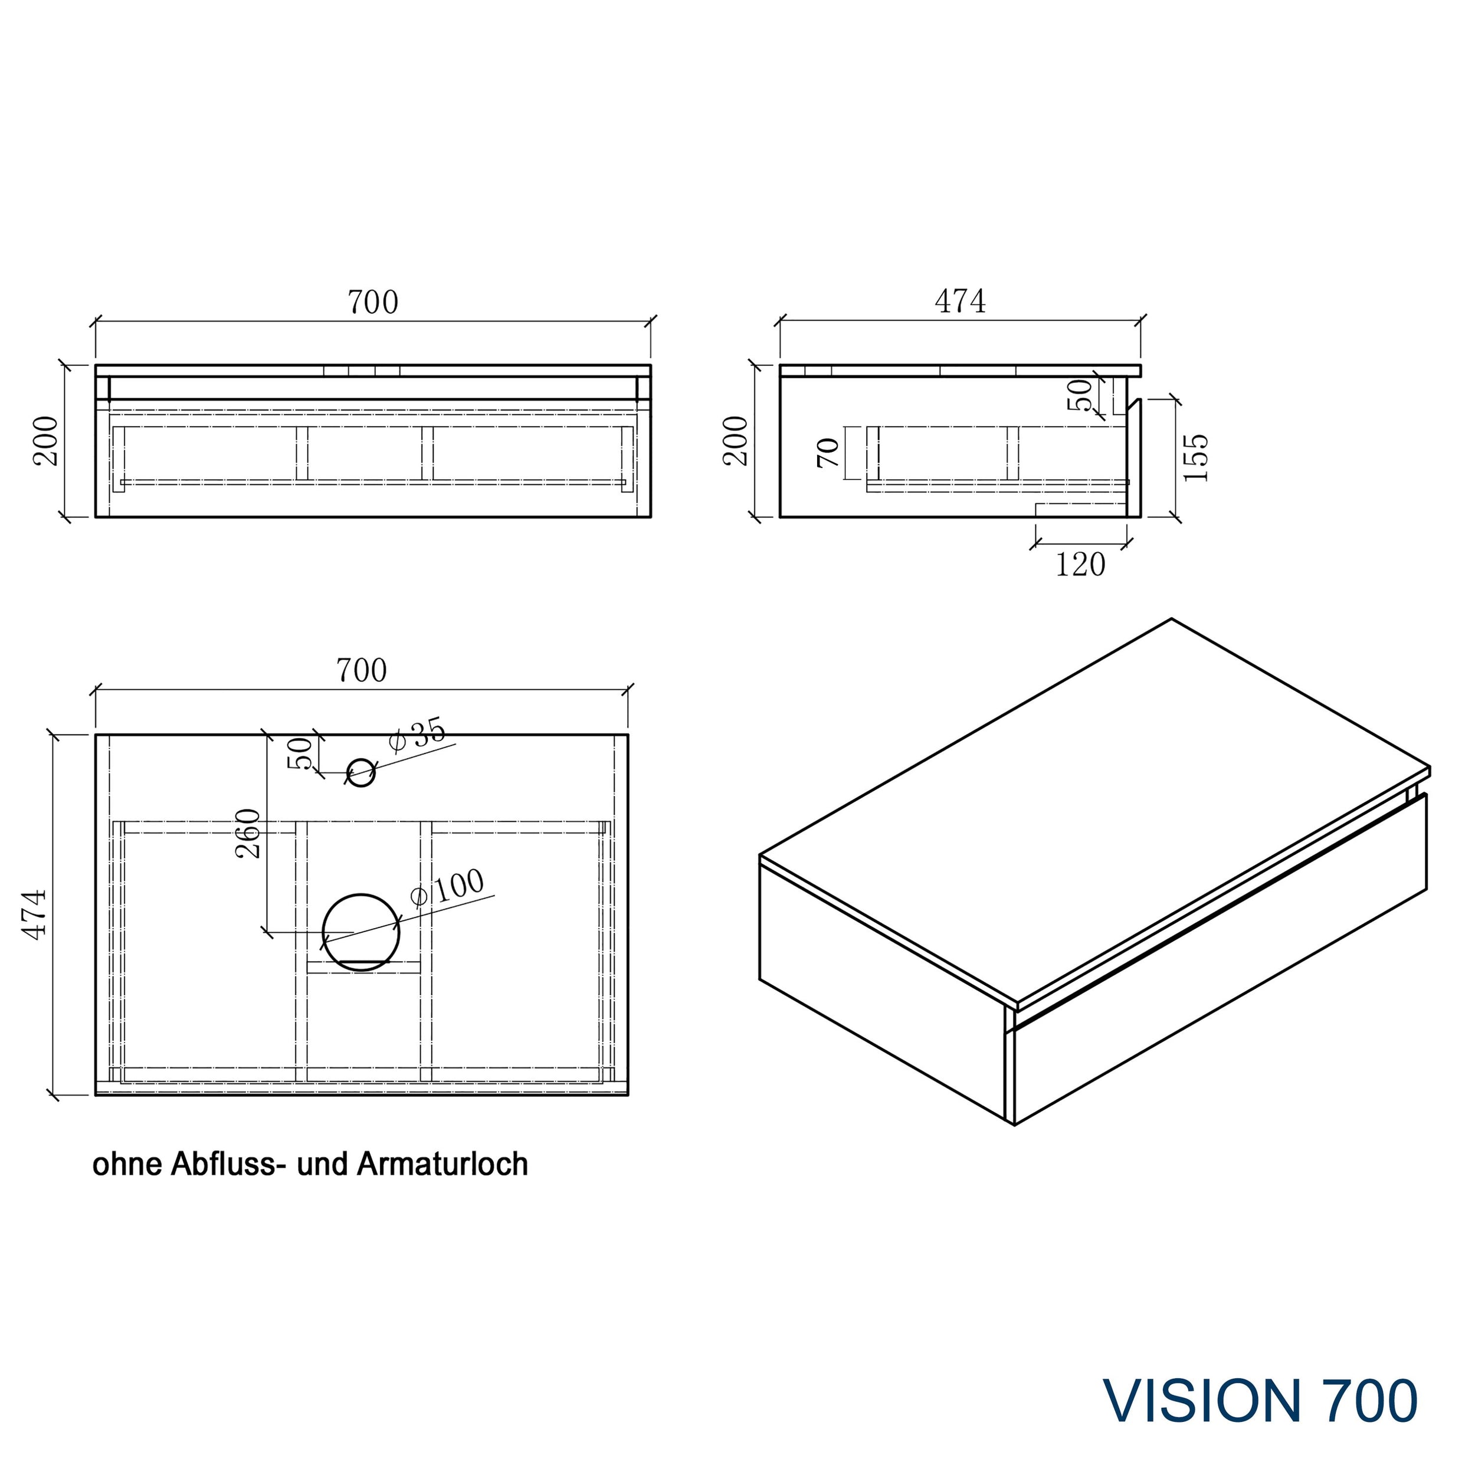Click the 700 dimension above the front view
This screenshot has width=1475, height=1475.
(x=372, y=302)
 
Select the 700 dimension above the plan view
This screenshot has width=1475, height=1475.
(x=361, y=670)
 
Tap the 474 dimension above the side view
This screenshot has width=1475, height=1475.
(x=960, y=301)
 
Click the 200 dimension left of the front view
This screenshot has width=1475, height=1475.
(x=46, y=441)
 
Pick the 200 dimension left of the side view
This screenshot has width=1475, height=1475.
(x=736, y=441)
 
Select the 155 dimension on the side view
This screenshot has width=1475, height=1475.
(x=1195, y=457)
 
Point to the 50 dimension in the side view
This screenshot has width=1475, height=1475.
(x=1080, y=395)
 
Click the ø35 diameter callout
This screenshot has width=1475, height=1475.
(x=417, y=735)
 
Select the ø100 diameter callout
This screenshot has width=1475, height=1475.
(x=447, y=887)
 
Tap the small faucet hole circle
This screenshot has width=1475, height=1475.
(x=361, y=773)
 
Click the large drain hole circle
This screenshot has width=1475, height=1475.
(x=360, y=932)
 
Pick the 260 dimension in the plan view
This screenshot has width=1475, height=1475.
(x=249, y=834)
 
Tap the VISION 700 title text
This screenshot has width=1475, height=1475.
(x=1260, y=1401)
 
